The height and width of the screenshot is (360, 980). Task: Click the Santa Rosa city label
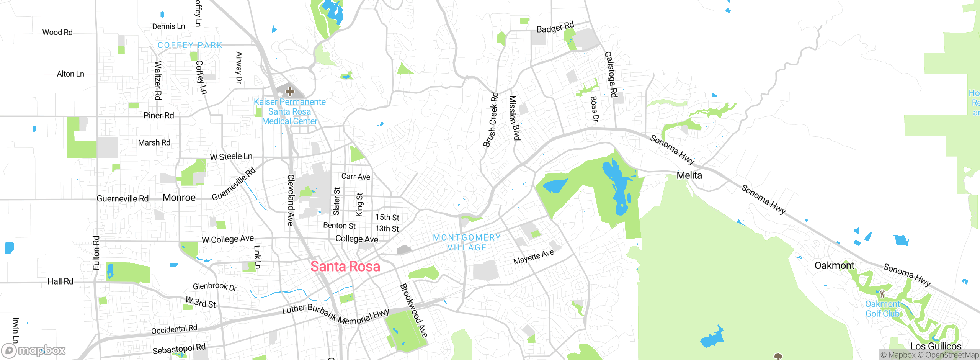point(345,267)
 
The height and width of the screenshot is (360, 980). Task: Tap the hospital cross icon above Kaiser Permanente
point(290,92)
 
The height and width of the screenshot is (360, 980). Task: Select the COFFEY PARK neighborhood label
point(190,45)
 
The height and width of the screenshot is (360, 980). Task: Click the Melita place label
point(689,175)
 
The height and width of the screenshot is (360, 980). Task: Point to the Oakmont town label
point(834,265)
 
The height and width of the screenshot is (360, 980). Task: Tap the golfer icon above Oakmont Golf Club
point(882,294)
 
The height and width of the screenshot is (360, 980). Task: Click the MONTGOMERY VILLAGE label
point(467,242)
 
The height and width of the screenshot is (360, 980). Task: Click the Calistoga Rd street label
point(611,74)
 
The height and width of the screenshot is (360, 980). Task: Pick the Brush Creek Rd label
point(491,119)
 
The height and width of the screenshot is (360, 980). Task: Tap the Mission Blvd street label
point(514,118)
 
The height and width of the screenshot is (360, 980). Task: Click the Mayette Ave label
point(533,257)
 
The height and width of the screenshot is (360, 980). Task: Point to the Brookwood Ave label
point(413,310)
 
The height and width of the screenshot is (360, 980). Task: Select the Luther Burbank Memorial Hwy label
point(335,314)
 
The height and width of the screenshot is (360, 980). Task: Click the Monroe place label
point(179,198)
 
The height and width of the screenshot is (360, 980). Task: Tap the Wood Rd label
point(57,33)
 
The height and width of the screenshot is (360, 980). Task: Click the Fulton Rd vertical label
point(96,253)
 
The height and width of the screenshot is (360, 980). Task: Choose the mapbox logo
point(34,350)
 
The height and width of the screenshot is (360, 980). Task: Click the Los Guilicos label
point(935,346)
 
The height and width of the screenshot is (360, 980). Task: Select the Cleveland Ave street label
point(291,200)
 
